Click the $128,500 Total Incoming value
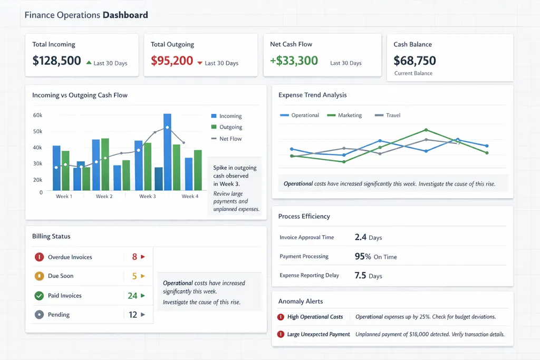click(x=56, y=61)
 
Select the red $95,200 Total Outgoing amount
click(x=172, y=61)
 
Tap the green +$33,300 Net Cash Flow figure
click(x=294, y=61)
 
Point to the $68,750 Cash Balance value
click(x=414, y=60)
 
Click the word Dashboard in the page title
click(x=125, y=15)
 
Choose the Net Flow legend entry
click(x=230, y=139)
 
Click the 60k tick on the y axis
click(x=37, y=115)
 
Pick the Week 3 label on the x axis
click(x=147, y=196)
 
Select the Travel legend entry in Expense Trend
click(x=393, y=115)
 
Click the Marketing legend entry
click(x=350, y=115)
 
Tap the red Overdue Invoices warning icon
click(x=38, y=257)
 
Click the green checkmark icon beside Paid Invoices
click(x=38, y=296)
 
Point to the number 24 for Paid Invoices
click(x=132, y=296)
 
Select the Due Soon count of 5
click(x=134, y=276)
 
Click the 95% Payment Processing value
click(x=363, y=257)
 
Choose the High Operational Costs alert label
click(x=315, y=317)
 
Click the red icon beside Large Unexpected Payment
click(x=281, y=334)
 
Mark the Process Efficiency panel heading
click(x=304, y=216)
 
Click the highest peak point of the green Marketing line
click(x=426, y=130)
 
